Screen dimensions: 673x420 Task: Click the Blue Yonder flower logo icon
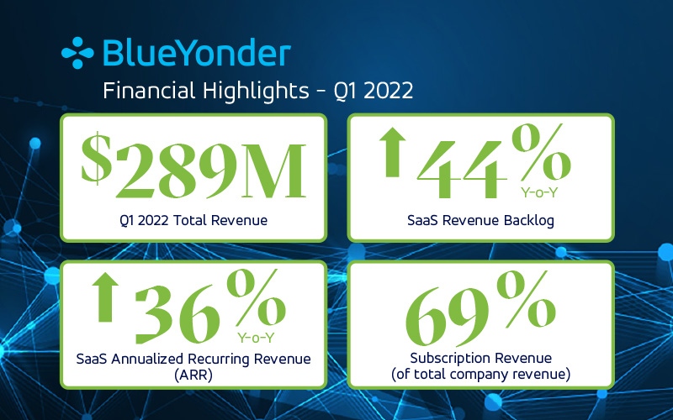[77, 53]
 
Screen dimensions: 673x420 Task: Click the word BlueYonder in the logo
[197, 53]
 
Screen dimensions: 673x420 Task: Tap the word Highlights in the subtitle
[256, 91]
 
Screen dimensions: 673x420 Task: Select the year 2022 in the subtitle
[389, 91]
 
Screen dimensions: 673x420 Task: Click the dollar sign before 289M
[97, 159]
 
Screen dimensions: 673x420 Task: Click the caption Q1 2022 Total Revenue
[193, 220]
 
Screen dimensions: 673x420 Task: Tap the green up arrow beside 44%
[393, 152]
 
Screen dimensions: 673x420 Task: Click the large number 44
[462, 171]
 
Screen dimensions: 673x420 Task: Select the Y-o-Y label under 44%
[539, 192]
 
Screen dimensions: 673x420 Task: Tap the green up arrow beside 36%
[105, 297]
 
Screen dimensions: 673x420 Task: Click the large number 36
[178, 314]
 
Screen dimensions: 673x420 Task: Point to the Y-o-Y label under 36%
[257, 338]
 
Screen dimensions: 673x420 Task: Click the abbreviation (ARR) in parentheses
[193, 375]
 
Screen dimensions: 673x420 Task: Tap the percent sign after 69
[527, 299]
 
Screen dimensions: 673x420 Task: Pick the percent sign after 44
[542, 152]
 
